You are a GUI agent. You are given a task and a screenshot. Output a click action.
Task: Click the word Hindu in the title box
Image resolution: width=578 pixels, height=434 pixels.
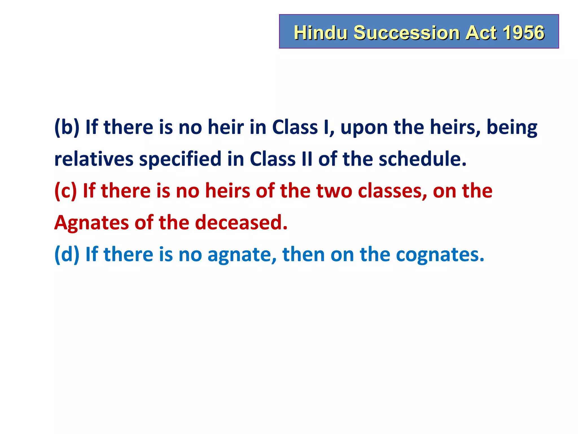pos(321,32)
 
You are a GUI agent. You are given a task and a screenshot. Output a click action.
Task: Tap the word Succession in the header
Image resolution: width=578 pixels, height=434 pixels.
pos(406,32)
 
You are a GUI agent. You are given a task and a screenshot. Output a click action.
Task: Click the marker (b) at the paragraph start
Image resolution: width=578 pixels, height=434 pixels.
pos(67,127)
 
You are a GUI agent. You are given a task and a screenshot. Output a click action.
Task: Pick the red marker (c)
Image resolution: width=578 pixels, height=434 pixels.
pos(65,191)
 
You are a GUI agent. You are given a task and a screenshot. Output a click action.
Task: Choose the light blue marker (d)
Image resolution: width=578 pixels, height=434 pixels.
pos(67,254)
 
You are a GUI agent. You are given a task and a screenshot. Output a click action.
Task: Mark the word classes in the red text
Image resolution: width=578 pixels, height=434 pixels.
pos(392,191)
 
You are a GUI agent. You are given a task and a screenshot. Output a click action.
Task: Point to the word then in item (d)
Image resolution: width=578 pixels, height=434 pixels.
pos(303,254)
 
